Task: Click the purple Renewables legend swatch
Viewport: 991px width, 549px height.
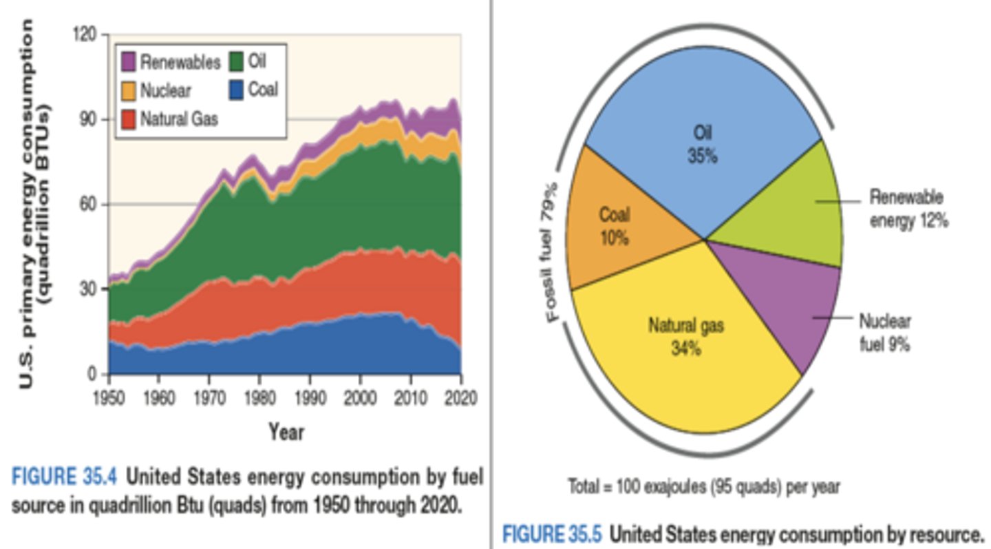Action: click(129, 62)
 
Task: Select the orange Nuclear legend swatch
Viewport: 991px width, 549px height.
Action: click(129, 90)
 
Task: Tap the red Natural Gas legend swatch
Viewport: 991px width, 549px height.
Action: click(129, 118)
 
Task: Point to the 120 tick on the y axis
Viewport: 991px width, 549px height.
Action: click(85, 34)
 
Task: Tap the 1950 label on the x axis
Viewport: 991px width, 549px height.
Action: click(109, 399)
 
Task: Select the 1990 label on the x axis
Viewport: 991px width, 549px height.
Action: click(310, 399)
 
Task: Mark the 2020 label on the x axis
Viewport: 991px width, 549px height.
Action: click(460, 399)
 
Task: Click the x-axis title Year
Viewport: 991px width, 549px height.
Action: click(286, 432)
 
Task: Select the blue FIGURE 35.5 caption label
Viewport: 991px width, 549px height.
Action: click(552, 534)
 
